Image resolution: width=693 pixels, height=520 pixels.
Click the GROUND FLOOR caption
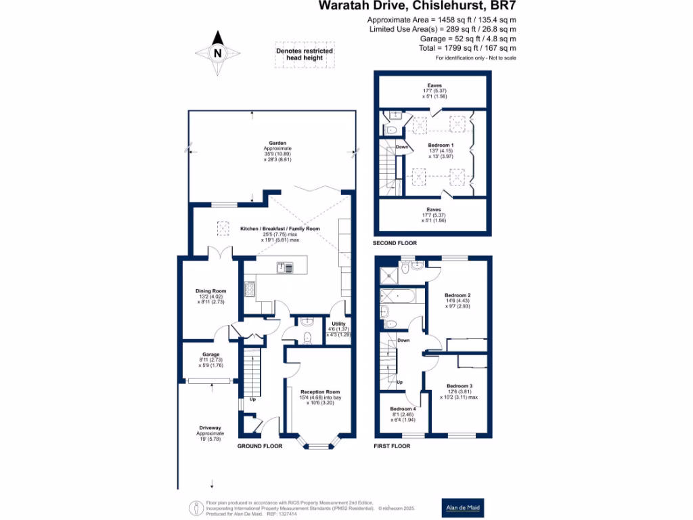coord(259,446)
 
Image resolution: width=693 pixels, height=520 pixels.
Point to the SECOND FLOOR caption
coord(395,242)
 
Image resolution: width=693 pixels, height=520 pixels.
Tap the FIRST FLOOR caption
coord(393,446)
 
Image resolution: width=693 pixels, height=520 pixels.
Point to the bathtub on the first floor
coord(400,296)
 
